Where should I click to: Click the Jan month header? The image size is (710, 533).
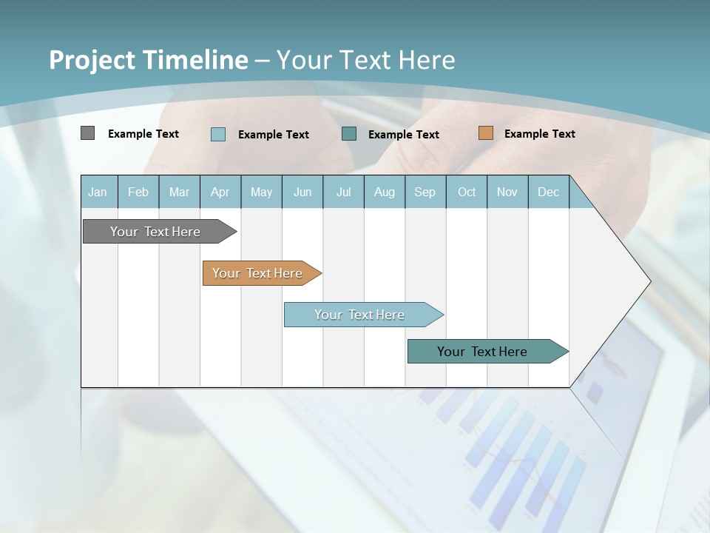(98, 192)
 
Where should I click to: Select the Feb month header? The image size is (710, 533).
(138, 192)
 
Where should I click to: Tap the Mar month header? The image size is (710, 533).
(179, 192)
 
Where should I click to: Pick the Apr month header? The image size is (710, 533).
(220, 192)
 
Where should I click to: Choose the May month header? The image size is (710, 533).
(261, 192)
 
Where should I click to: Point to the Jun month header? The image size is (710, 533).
(302, 192)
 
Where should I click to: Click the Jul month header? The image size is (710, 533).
(343, 192)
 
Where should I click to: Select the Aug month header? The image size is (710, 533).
(385, 192)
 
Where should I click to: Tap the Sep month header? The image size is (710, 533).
(425, 192)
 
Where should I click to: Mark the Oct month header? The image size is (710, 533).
(467, 192)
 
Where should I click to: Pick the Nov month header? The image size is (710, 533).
(507, 192)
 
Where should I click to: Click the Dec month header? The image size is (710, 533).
(549, 192)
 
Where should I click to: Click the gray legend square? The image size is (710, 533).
(87, 133)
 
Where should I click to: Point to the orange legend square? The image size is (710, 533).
(485, 133)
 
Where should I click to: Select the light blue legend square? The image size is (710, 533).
(218, 134)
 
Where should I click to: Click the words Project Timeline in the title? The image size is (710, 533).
(149, 60)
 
